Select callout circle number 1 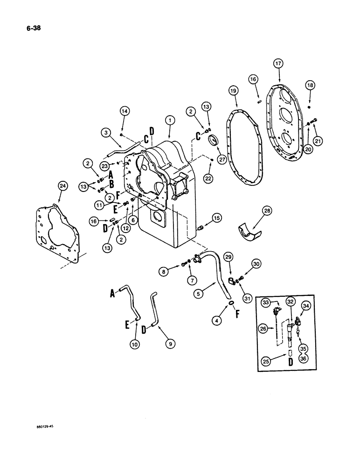click(x=171, y=120)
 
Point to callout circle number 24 click(x=62, y=186)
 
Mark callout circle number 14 click(x=124, y=111)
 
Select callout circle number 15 click(x=216, y=218)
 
